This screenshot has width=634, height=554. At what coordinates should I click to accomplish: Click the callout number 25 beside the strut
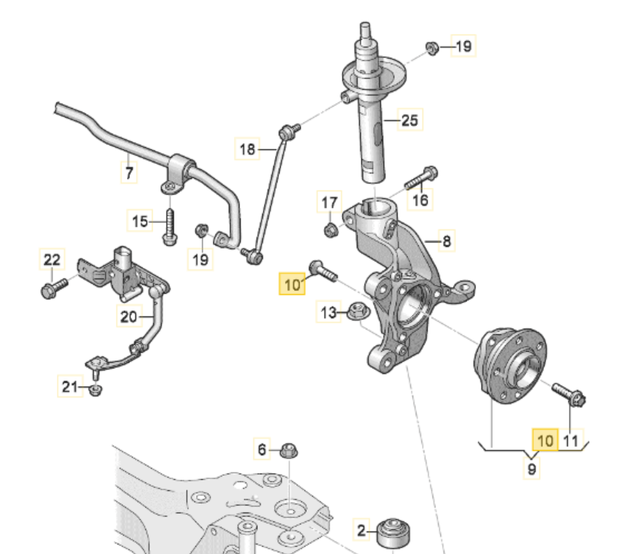(x=410, y=120)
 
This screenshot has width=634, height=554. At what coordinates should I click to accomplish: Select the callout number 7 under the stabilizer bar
(x=129, y=172)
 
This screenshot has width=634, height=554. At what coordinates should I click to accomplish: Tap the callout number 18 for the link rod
(x=247, y=149)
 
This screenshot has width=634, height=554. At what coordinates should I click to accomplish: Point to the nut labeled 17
(x=330, y=230)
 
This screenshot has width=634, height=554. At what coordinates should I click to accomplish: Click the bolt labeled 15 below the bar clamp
(x=170, y=228)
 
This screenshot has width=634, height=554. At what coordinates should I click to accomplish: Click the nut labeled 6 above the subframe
(x=289, y=450)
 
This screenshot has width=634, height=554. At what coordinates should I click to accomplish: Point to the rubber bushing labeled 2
(x=393, y=533)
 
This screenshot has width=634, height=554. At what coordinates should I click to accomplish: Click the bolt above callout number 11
(x=569, y=393)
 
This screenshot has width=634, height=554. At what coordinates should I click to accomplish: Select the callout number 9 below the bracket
(x=532, y=469)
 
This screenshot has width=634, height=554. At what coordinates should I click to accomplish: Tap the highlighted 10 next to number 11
(x=545, y=441)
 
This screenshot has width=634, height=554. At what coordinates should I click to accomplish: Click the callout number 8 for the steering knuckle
(x=447, y=242)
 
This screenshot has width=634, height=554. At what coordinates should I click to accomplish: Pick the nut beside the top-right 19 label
(x=432, y=48)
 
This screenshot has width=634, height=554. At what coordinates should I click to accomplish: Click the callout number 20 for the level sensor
(x=129, y=317)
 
